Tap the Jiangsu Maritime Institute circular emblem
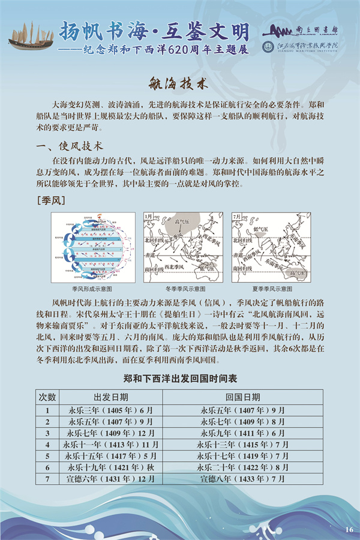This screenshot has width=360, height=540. (268, 47)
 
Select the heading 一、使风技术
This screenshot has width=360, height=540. (70, 146)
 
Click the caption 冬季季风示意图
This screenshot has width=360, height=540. (180, 289)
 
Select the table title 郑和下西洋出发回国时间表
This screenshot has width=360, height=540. (180, 379)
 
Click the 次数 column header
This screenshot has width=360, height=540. (47, 397)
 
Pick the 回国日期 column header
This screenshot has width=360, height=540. (242, 397)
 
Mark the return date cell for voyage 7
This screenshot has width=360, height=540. (242, 479)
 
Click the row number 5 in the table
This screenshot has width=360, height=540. (47, 456)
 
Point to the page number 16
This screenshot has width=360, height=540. (349, 529)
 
